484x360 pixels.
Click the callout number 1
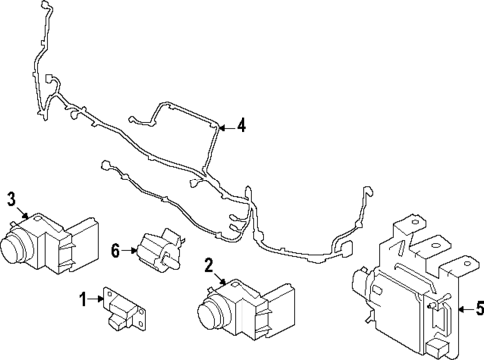[x=84, y=297]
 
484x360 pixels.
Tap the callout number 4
[x=241, y=126]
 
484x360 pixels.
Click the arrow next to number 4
[x=226, y=126]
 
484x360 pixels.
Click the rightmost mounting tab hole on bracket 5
[x=463, y=264]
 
